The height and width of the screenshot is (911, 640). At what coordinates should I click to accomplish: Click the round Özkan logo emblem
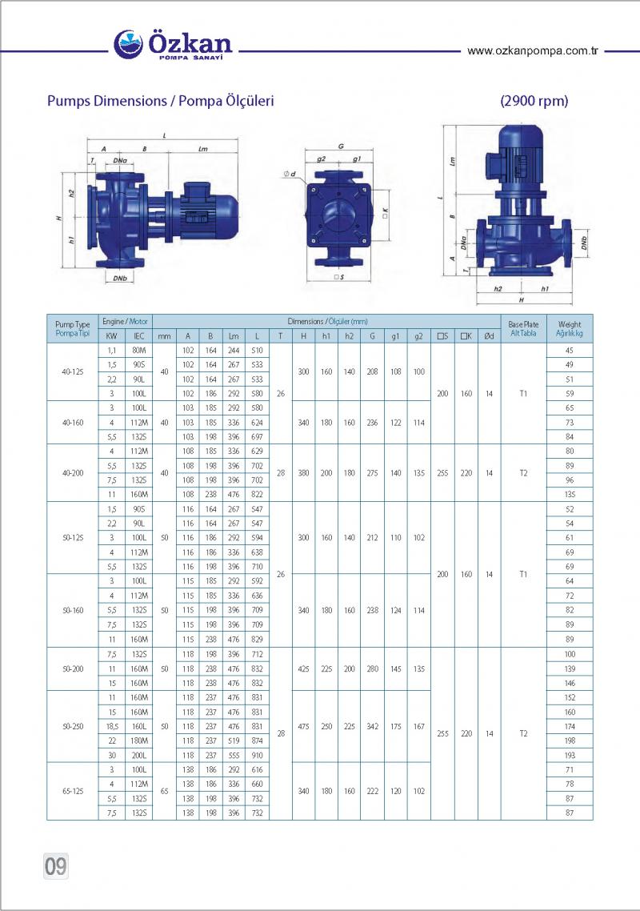(128, 45)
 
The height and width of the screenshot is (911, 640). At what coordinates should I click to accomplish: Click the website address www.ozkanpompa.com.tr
(533, 51)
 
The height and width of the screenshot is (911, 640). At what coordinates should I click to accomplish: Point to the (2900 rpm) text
(534, 101)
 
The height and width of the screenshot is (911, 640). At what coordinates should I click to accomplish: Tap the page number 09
(56, 866)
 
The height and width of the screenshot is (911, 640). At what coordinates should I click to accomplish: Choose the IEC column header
(139, 335)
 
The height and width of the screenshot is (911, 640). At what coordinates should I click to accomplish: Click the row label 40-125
(73, 371)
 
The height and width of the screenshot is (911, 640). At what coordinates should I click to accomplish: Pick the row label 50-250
(73, 726)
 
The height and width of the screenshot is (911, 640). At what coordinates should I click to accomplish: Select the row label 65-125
(73, 791)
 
